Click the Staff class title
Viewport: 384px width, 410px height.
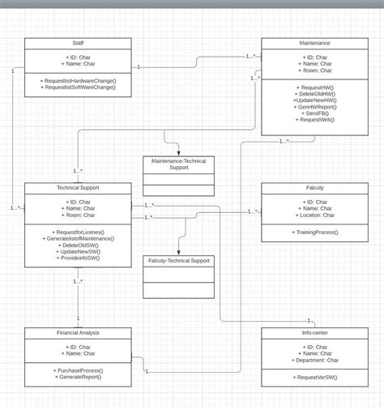(78, 43)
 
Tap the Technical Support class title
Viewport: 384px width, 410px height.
(78, 187)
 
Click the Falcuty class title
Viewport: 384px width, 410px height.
(315, 187)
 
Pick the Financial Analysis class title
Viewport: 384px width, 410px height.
(78, 332)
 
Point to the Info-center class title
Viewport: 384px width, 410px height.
(315, 332)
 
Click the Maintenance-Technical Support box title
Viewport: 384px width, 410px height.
(179, 164)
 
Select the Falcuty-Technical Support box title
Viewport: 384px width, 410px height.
(179, 261)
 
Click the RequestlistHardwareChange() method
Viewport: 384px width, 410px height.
(78, 80)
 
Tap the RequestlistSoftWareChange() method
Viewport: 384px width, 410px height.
(78, 87)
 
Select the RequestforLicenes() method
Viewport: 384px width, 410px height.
(78, 232)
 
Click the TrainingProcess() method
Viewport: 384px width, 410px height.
(315, 232)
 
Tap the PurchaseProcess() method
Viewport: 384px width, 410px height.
(78, 370)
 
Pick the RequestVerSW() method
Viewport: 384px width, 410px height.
(315, 377)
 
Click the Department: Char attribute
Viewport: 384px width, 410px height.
(315, 360)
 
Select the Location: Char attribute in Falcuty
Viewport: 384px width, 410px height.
(315, 215)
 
